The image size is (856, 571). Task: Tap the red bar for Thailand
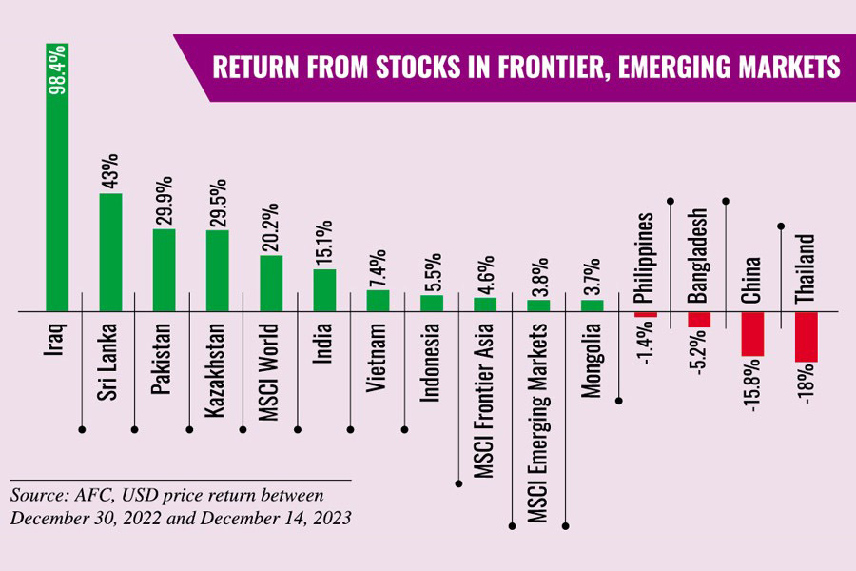coord(806,337)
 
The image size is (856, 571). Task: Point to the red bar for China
coord(752,334)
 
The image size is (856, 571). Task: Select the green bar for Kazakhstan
coord(217,271)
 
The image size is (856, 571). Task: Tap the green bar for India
coord(324,290)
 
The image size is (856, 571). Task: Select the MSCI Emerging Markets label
coord(537,417)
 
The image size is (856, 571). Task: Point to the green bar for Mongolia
coord(593,305)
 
